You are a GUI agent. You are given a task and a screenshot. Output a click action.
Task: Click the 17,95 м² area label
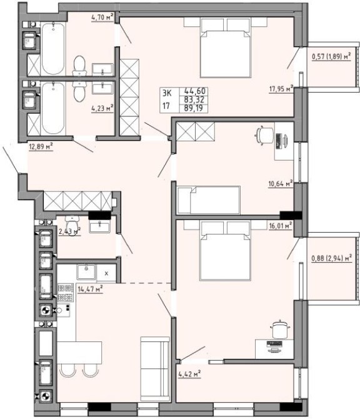click(281, 89)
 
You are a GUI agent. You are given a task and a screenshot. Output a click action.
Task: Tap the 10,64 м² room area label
click(281, 184)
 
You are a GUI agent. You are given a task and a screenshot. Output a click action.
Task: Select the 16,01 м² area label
click(281, 226)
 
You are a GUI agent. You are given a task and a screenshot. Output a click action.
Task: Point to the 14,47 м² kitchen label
click(90, 289)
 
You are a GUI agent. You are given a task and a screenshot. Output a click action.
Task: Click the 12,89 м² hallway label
click(41, 146)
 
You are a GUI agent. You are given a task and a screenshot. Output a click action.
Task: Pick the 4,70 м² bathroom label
click(102, 18)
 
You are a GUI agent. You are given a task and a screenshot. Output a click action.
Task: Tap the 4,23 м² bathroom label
click(102, 108)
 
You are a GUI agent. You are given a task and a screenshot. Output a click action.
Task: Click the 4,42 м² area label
click(189, 374)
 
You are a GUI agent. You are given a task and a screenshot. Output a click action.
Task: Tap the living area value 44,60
click(195, 91)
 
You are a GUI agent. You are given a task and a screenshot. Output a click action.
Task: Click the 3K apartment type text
click(167, 93)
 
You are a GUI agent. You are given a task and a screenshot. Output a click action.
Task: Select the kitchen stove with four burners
click(66, 293)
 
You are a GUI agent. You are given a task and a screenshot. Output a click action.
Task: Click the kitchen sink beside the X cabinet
click(86, 272)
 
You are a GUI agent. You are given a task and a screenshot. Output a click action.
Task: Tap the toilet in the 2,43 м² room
click(72, 223)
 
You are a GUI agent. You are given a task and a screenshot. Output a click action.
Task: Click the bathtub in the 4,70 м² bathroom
click(53, 49)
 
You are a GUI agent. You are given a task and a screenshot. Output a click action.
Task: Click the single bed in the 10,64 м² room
click(209, 200)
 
